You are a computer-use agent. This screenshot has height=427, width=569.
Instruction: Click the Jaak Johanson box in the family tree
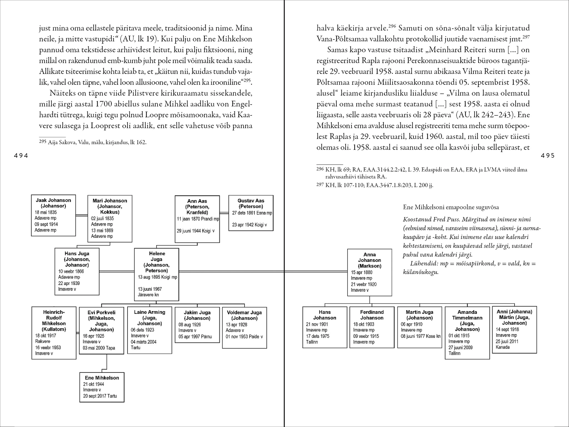[x=53, y=215]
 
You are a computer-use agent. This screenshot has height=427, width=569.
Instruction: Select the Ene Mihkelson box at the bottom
[x=102, y=387]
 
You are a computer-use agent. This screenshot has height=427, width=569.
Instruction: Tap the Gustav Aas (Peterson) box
[x=251, y=213]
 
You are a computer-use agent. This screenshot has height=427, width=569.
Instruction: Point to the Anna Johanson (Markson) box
[x=370, y=272]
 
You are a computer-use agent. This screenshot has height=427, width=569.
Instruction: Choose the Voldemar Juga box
[x=244, y=328]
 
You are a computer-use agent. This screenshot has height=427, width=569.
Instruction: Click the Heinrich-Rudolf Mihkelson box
[x=54, y=333]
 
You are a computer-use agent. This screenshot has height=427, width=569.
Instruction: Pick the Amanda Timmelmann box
[x=467, y=333]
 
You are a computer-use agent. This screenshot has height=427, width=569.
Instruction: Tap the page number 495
[x=548, y=156]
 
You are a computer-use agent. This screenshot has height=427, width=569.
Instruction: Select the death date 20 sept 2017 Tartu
[x=100, y=396]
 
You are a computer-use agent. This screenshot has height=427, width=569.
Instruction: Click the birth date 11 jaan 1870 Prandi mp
[x=198, y=219]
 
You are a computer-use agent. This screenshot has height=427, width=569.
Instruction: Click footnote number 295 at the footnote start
[x=42, y=142]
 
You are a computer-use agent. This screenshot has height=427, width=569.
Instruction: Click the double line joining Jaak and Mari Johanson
[x=81, y=215]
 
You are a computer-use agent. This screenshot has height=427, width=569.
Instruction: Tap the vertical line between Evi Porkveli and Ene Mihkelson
[x=107, y=363]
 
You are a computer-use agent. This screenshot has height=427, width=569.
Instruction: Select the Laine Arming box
[x=149, y=330]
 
